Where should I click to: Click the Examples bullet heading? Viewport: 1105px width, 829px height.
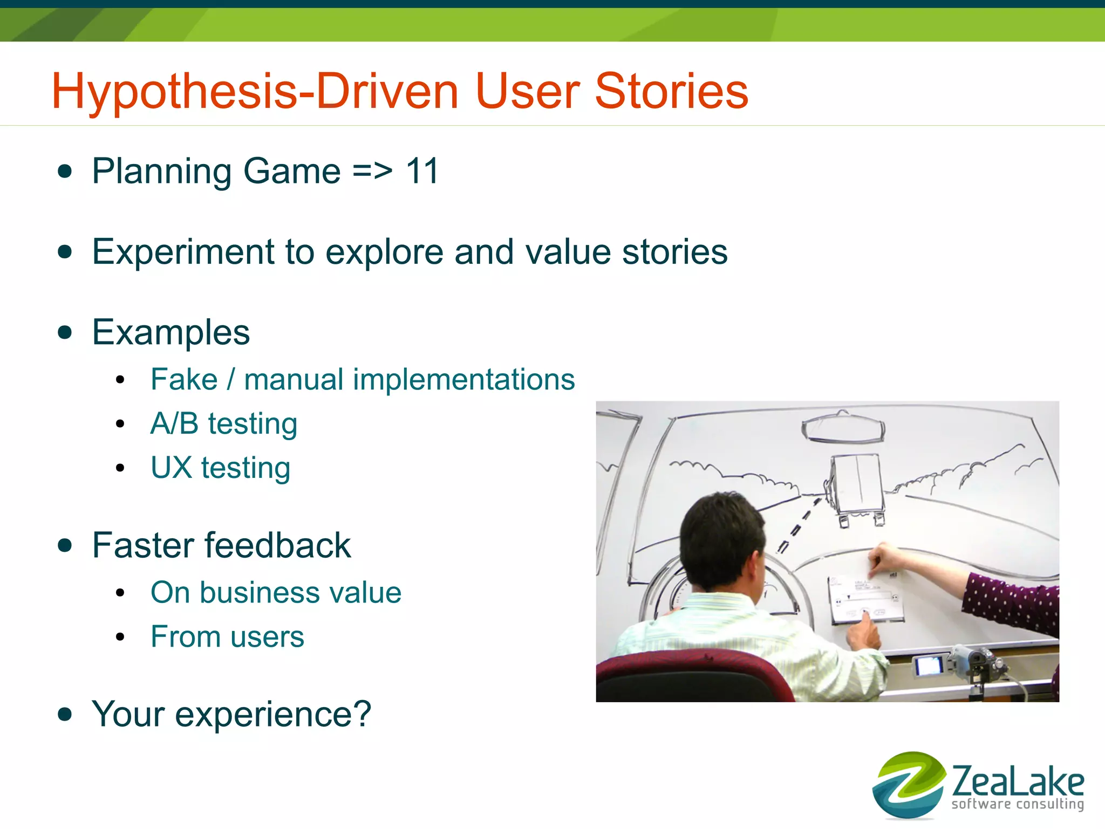pyautogui.click(x=170, y=332)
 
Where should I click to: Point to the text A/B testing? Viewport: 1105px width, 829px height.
pyautogui.click(x=223, y=423)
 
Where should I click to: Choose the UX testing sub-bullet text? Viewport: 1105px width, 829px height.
pyautogui.click(x=220, y=468)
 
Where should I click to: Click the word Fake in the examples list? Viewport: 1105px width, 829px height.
pyautogui.click(x=184, y=379)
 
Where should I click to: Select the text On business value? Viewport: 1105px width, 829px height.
pyautogui.click(x=276, y=592)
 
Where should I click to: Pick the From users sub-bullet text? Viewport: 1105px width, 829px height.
pyautogui.click(x=227, y=636)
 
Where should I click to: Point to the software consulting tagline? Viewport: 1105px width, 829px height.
pyautogui.click(x=1017, y=804)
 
